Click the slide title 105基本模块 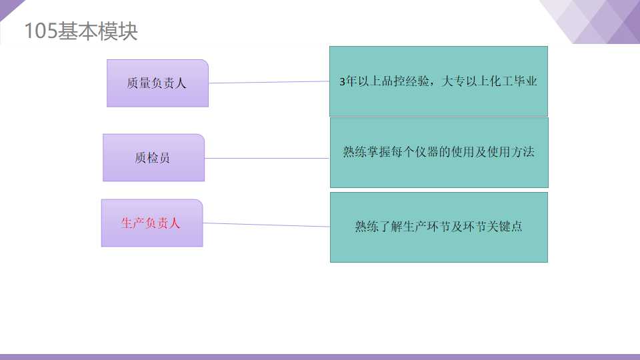coord(81,31)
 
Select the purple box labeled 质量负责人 coord(157,83)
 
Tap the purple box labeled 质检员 coord(153,158)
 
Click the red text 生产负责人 coord(151,223)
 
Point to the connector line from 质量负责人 coord(269,83)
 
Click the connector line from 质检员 coord(267,158)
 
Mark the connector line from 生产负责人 coord(267,225)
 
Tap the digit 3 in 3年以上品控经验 coord(343,82)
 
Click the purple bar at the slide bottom coord(320,357)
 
